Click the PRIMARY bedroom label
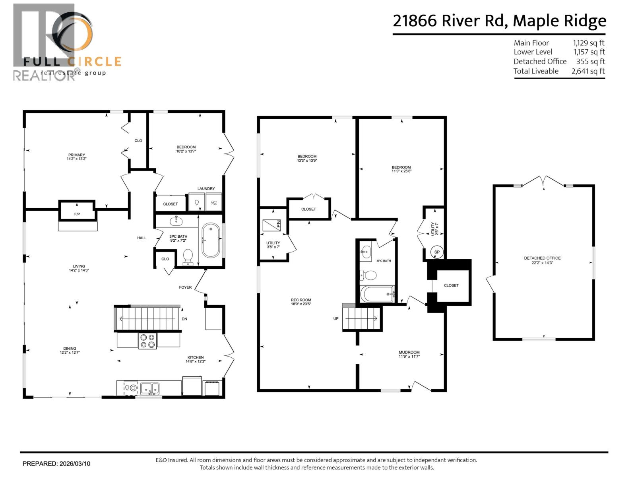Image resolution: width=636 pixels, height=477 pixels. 76,155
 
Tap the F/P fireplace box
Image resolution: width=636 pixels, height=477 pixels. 77,214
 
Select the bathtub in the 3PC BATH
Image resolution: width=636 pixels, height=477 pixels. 211,240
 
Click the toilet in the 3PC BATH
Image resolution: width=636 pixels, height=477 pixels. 187,256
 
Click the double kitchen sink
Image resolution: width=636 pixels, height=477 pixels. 150,388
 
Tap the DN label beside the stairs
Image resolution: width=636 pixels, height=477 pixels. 184,319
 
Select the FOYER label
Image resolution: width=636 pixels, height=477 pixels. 185,287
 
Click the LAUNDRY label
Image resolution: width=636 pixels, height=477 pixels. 206,188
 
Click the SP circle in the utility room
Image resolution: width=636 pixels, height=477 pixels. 437,252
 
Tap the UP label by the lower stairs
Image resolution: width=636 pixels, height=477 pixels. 336,318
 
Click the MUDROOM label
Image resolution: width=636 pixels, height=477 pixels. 409,352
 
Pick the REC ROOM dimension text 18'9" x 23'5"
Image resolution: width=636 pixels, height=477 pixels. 301,304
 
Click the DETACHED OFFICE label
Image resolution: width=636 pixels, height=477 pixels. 542,258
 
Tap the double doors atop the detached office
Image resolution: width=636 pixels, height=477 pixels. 543,181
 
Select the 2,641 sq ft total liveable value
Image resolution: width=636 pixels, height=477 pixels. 588,71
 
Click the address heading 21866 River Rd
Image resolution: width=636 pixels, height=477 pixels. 449,21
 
